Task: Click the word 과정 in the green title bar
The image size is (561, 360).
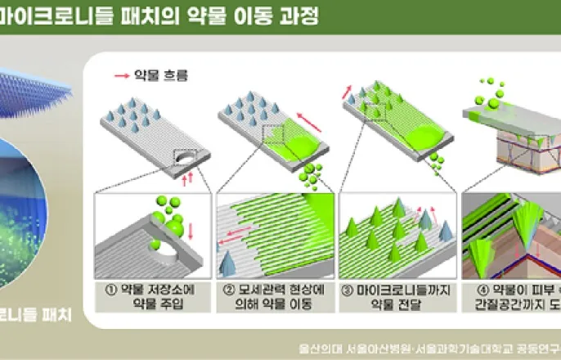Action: tap(289, 15)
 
